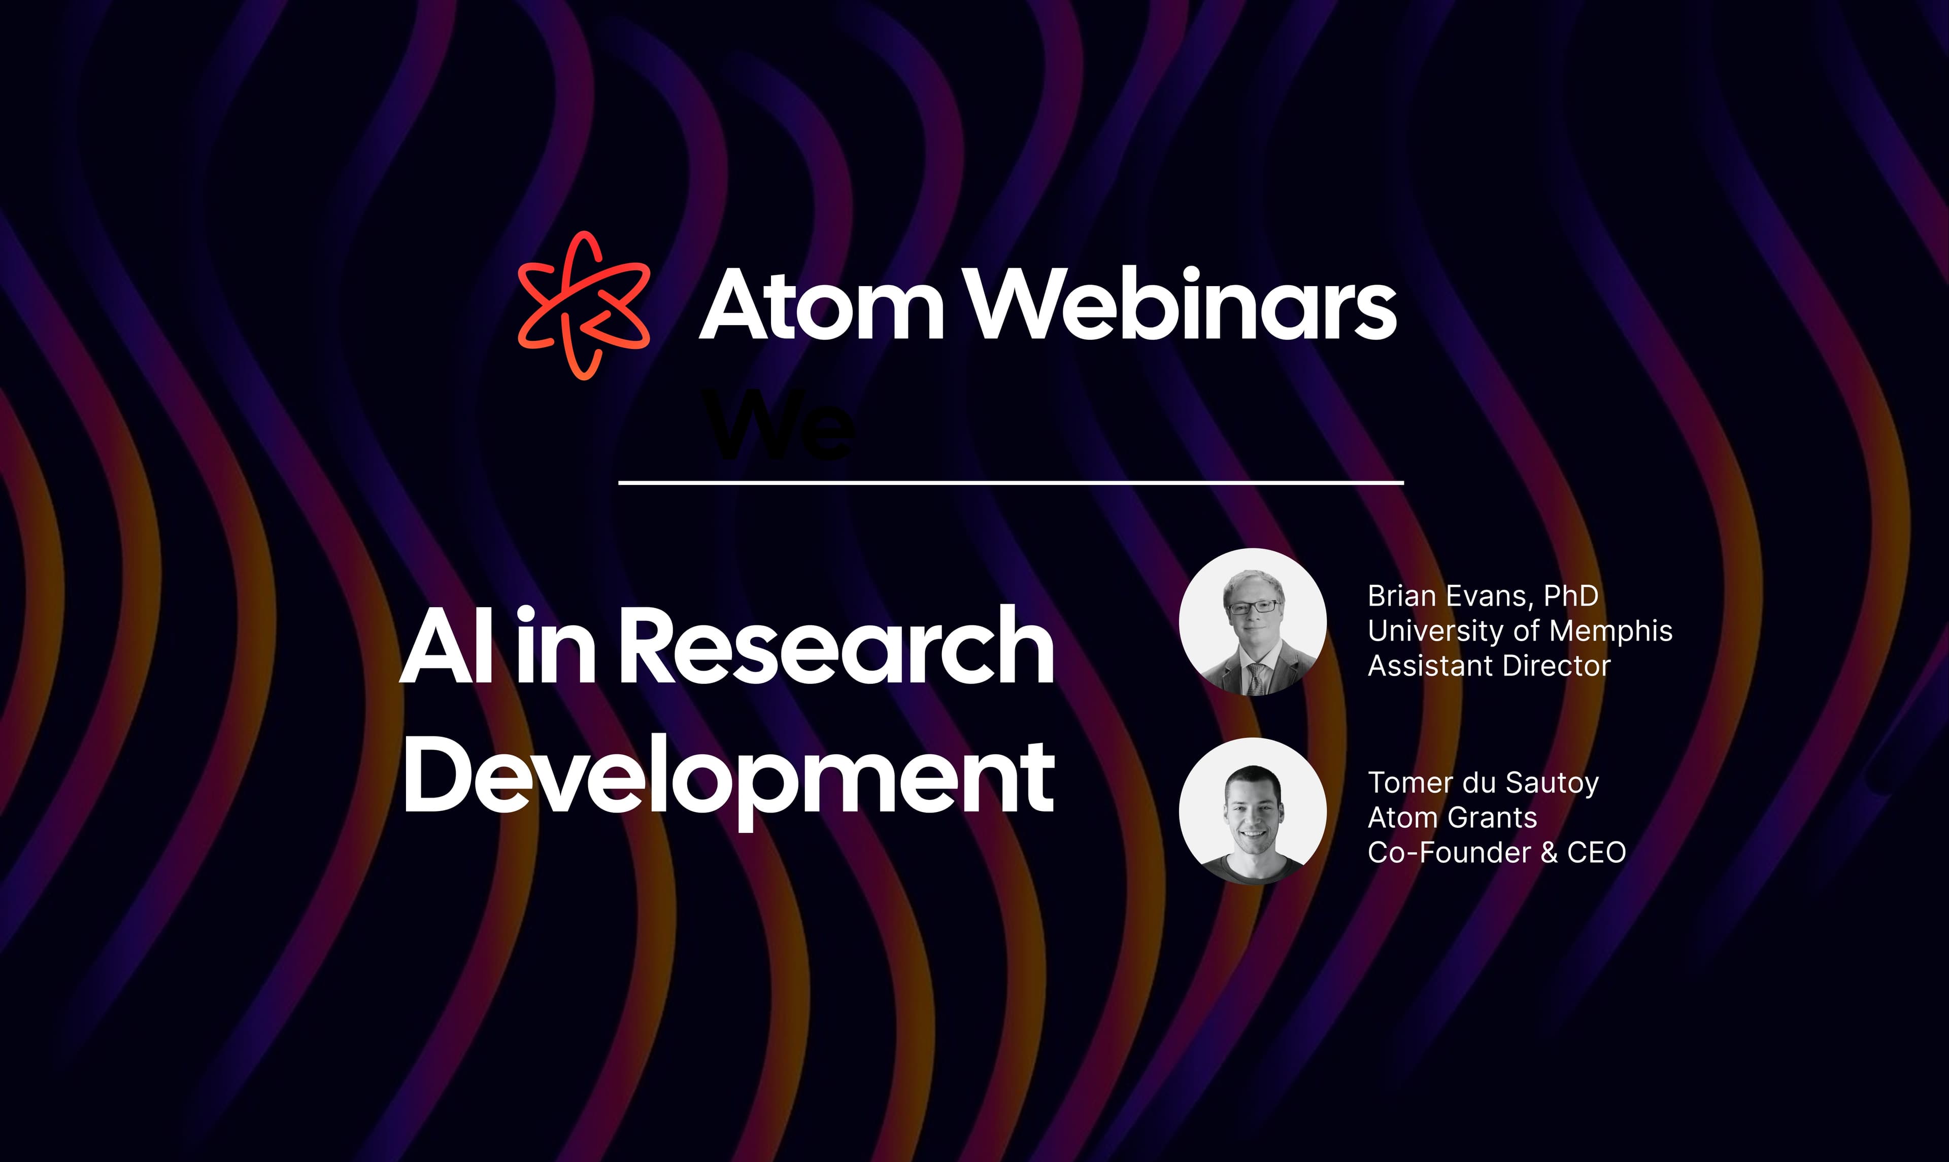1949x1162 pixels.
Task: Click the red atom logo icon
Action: [584, 305]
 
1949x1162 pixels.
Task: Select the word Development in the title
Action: [728, 779]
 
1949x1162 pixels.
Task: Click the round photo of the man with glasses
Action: [1253, 622]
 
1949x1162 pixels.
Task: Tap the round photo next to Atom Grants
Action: [1253, 811]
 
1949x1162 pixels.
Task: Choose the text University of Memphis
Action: [1520, 630]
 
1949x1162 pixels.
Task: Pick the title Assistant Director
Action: [1488, 665]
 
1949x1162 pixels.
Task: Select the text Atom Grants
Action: [1452, 818]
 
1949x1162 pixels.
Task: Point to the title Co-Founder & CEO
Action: [1496, 852]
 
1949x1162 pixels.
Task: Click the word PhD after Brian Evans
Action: [1571, 596]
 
